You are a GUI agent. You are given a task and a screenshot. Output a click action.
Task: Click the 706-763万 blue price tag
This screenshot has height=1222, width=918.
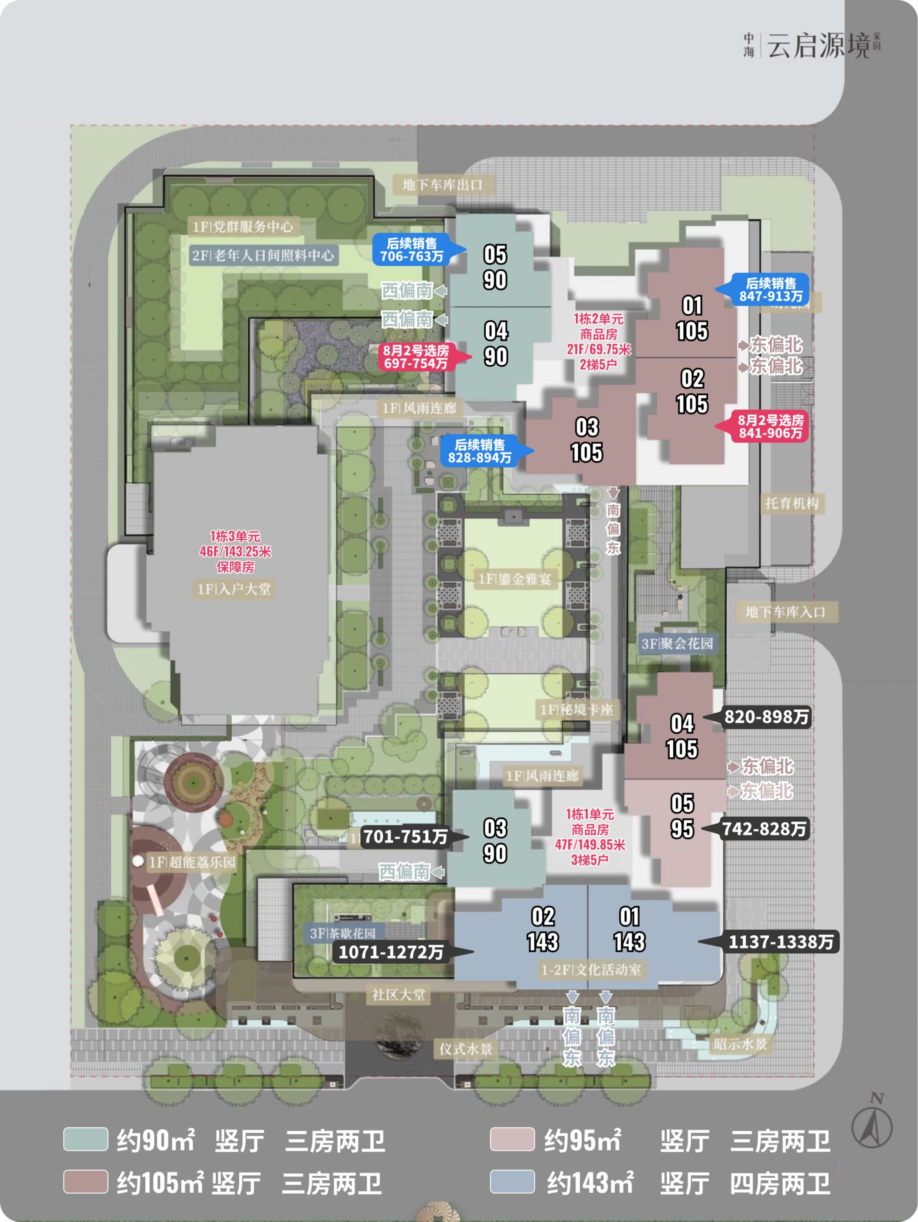coord(411,250)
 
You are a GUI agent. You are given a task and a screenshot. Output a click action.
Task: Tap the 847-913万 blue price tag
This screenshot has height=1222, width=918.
coord(771,290)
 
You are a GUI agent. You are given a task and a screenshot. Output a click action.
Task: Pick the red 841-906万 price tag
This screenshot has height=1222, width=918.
coord(771,426)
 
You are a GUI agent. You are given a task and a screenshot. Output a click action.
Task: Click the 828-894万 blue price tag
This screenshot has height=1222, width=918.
coord(479,451)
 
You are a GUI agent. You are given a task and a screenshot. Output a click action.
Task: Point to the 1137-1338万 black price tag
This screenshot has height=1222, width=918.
coord(780,941)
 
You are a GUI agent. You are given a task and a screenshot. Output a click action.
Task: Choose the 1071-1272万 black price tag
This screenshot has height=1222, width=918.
coord(391,952)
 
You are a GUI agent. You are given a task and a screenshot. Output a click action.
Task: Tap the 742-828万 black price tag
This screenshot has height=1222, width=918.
coord(764,829)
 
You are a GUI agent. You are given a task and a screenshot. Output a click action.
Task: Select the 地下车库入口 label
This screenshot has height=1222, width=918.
coord(785,612)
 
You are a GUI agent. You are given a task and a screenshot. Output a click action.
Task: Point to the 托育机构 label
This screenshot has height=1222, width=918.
coord(791,503)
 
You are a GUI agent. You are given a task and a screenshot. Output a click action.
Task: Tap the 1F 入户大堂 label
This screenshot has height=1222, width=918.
coord(234,589)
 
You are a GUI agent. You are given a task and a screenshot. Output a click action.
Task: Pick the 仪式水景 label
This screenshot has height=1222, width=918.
coord(465,1049)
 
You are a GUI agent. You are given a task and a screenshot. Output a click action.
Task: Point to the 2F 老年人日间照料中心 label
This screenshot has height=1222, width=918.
coord(263,255)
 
